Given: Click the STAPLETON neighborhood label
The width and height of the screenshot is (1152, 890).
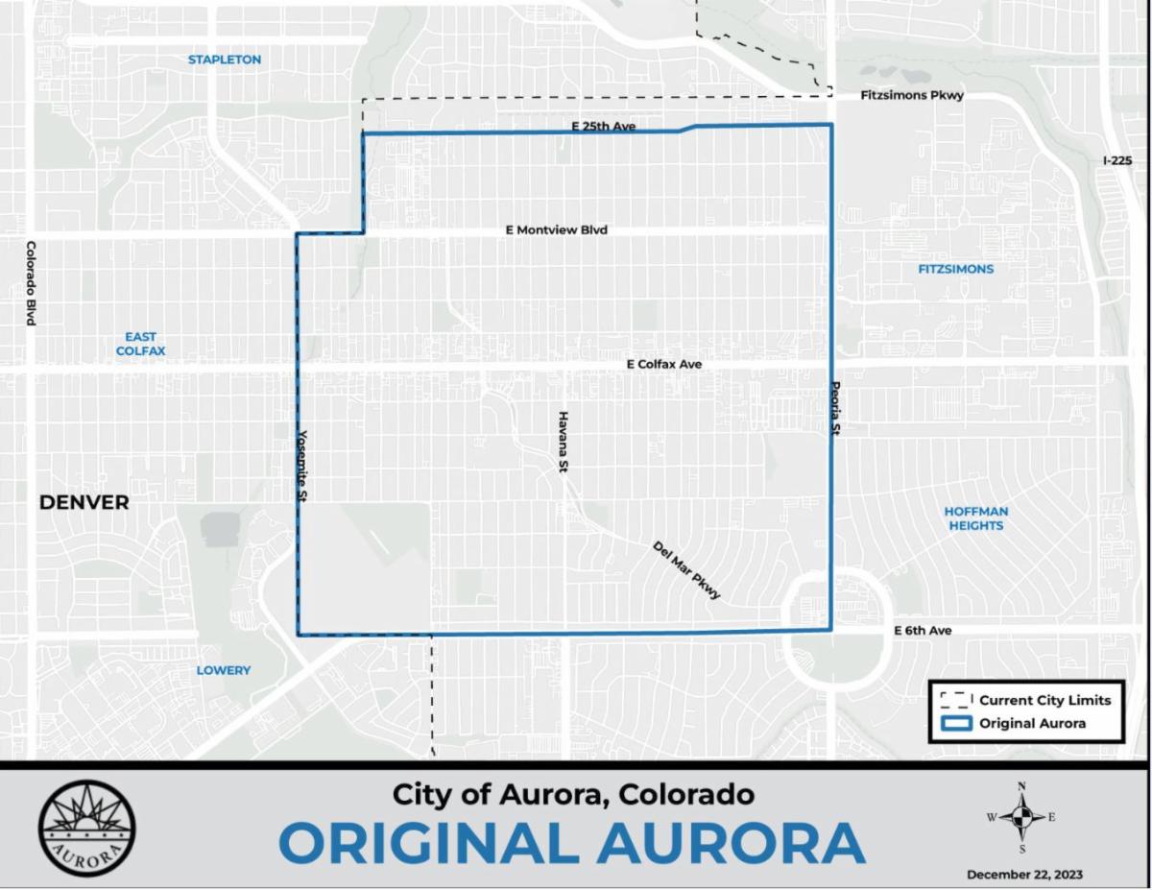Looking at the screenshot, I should coord(224,60).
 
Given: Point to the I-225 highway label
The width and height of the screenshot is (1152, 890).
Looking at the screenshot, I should coord(1117,160).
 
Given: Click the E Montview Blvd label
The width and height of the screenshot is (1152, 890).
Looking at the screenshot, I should coord(557,230).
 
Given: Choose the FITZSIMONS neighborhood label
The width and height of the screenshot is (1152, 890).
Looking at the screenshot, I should coord(955,269).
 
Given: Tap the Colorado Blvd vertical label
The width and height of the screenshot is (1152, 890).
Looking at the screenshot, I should coord(31,283).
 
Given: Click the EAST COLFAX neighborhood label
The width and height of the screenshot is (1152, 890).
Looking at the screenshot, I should coord(140,344).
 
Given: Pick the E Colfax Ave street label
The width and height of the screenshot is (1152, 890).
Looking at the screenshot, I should coord(663,365).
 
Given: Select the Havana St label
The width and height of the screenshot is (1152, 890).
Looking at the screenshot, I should coord(564,442).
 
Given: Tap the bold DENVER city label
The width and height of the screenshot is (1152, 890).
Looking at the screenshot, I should coord(84,502).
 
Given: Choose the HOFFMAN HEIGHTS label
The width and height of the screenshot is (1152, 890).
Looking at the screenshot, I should coord(975,518).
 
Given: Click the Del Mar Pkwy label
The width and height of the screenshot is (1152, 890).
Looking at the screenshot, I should coord(686,570).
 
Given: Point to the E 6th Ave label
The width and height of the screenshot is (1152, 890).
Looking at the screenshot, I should coord(923,631).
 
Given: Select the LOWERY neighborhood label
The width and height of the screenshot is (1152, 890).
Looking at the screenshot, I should coord(224,670).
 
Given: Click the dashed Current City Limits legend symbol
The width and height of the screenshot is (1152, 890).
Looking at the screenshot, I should coord(954,700).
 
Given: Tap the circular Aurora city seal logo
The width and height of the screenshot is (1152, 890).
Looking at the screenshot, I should coord(87,828).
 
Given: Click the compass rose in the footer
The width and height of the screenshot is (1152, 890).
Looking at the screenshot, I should coord(1021,817).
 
